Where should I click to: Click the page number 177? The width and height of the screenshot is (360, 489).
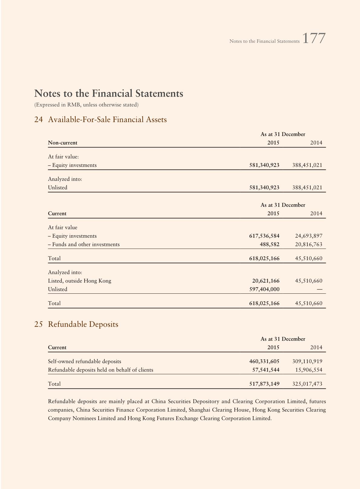click(314, 39)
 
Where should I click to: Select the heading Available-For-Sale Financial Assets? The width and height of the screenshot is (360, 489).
click(107, 120)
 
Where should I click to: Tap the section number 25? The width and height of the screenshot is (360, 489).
click(38, 324)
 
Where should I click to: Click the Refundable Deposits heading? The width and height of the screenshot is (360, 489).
click(83, 324)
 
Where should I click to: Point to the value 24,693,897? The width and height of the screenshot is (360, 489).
click(309, 236)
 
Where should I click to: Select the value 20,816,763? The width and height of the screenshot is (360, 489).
click(309, 244)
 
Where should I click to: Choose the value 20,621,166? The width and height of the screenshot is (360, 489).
click(266, 281)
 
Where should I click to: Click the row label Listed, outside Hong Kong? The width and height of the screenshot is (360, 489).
click(80, 281)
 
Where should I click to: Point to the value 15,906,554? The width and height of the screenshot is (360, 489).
click(309, 370)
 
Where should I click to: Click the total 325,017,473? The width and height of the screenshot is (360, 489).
click(307, 384)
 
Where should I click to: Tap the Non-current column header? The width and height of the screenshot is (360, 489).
click(63, 143)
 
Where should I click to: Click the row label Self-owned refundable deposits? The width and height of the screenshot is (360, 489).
click(84, 361)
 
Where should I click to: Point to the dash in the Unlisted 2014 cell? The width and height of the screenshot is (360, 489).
click(319, 289)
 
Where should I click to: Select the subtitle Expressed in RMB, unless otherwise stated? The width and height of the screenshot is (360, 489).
click(87, 105)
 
